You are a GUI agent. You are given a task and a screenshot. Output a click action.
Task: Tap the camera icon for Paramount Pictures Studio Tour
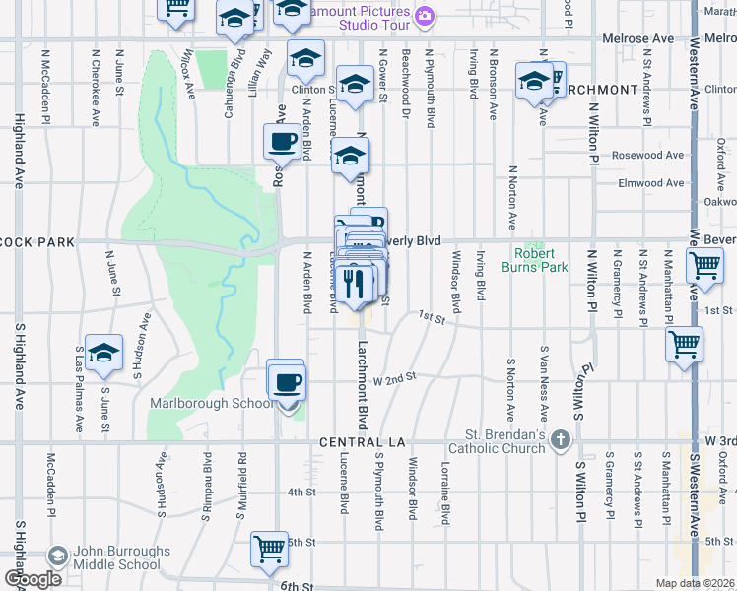coord(425,15)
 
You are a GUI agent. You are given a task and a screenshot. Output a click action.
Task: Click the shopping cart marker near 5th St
coord(269,549)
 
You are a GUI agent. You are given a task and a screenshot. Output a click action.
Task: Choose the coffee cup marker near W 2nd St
coord(288,382)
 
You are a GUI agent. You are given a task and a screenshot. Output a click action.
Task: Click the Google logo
coord(32,578)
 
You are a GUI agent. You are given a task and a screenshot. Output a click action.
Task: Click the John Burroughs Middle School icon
coord(57,558)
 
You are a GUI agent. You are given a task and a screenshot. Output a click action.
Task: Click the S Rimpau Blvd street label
coord(208,485)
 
